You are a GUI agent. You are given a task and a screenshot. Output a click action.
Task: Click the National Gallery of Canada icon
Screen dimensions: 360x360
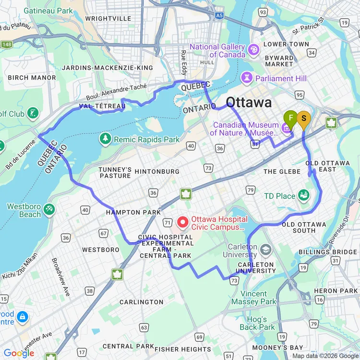(253, 49)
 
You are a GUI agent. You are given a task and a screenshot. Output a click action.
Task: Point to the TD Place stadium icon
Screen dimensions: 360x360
(303, 195)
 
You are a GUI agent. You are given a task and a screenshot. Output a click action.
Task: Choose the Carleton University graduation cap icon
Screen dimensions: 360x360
(266, 250)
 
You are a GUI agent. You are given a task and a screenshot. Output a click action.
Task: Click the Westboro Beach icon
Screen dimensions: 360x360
(49, 209)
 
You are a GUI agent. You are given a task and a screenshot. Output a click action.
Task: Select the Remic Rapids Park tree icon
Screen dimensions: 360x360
(105, 139)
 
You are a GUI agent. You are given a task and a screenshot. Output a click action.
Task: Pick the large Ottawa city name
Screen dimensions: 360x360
(248, 102)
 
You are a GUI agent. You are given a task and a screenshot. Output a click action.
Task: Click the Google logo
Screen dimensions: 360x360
(19, 353)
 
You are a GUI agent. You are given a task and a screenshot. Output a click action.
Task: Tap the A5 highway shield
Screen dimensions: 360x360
(219, 16)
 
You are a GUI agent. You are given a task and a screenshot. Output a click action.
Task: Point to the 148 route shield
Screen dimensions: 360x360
(6, 45)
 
